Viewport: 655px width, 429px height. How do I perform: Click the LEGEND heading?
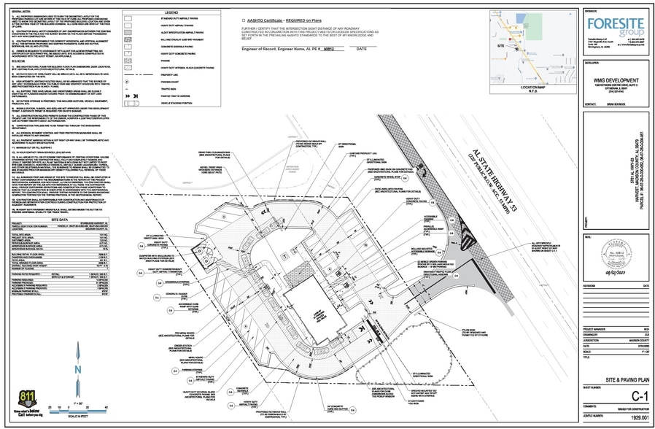click(x=171, y=13)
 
